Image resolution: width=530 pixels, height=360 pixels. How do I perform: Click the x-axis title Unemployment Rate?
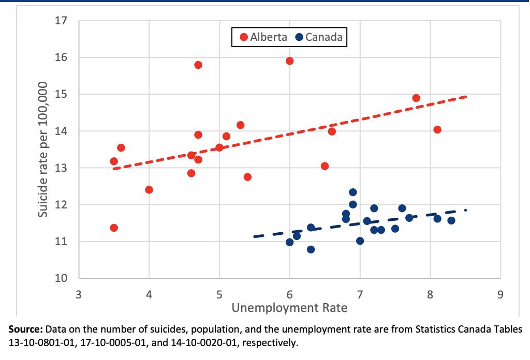(x=289, y=308)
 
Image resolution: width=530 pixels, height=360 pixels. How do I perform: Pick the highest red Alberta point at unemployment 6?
(x=289, y=61)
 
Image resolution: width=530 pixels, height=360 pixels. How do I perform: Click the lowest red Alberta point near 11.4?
(x=114, y=228)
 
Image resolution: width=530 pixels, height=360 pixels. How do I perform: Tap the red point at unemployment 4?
(x=149, y=189)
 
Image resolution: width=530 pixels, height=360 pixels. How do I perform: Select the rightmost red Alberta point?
(x=437, y=129)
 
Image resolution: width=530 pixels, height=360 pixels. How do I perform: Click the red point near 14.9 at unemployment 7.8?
(x=416, y=98)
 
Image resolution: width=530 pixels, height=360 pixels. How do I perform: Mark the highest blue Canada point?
(x=353, y=192)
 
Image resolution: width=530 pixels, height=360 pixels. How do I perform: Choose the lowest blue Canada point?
(x=311, y=249)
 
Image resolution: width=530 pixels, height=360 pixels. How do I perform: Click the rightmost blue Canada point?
(x=451, y=220)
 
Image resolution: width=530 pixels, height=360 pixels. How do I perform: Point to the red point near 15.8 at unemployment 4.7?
(x=198, y=65)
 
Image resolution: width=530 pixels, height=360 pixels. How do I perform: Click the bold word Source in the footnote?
(x=26, y=329)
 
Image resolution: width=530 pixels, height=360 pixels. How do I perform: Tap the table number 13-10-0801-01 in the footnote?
(x=39, y=342)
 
